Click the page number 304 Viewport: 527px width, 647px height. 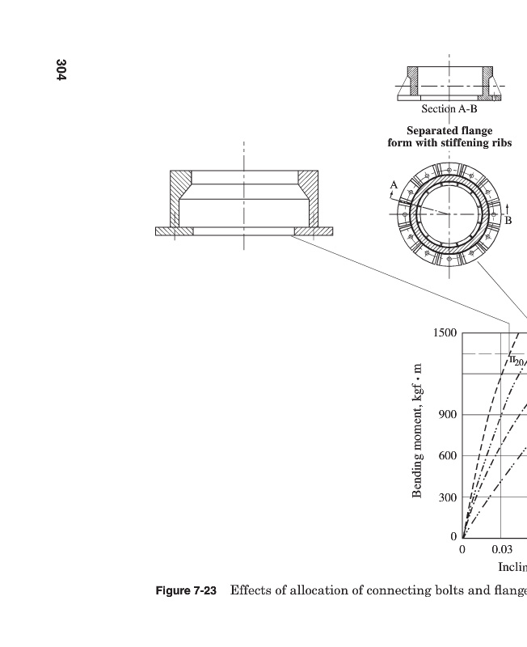pos(61,69)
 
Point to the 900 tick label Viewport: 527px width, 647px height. pos(447,415)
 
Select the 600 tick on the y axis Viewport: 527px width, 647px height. pos(447,456)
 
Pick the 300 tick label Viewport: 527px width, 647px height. pos(447,497)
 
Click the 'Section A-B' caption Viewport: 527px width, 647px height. pos(449,109)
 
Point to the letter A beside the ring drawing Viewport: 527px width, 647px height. pos(394,185)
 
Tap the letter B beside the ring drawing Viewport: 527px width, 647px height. pos(508,220)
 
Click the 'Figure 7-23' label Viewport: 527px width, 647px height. pos(186,591)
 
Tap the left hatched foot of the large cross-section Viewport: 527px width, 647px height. pos(174,231)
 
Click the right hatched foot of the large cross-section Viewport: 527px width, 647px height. pos(314,231)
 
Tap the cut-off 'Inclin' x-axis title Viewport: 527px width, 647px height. pos(512,567)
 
